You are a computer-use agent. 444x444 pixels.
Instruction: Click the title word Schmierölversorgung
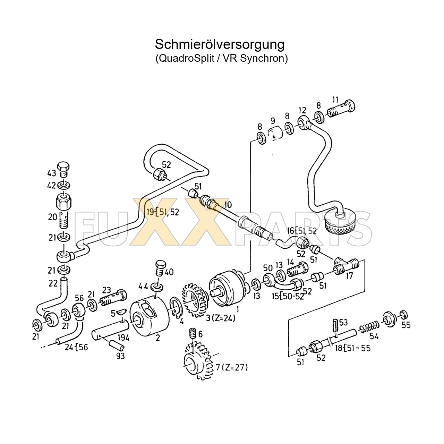click(x=219, y=44)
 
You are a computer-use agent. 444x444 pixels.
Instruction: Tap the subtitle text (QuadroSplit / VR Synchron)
click(x=221, y=58)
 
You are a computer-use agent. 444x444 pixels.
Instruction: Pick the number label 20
click(x=52, y=217)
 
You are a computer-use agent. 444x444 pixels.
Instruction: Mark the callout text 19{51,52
click(x=162, y=212)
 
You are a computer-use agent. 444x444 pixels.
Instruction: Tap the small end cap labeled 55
click(x=403, y=315)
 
